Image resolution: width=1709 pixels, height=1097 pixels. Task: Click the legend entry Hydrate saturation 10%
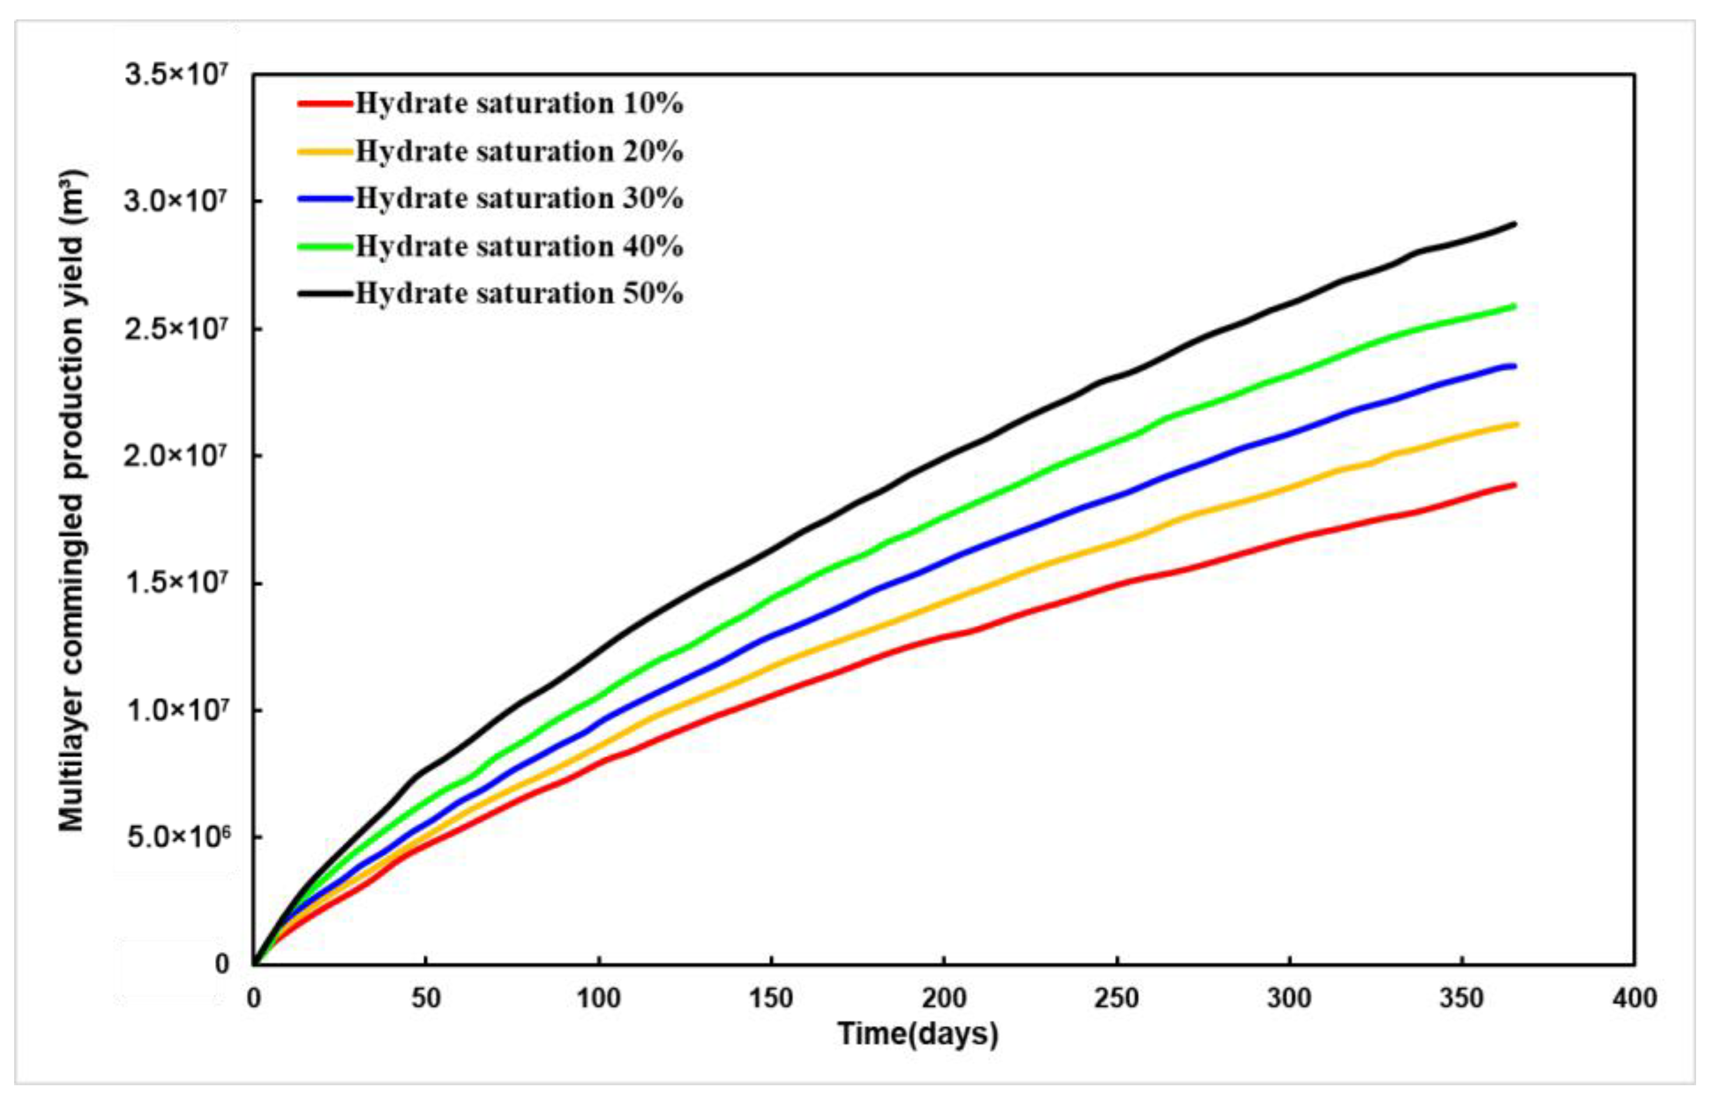click(x=518, y=104)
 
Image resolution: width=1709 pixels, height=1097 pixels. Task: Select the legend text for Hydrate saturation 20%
click(x=518, y=151)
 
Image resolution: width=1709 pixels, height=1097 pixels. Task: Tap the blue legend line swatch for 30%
click(x=325, y=199)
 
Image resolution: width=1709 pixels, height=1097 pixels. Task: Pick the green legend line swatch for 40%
click(x=325, y=246)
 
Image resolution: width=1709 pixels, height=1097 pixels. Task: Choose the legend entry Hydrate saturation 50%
click(x=518, y=293)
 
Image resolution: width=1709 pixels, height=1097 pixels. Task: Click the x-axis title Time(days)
click(x=917, y=1034)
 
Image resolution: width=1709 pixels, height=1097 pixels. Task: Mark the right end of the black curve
click(x=1514, y=224)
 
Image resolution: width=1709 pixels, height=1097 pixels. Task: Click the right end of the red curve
click(x=1514, y=485)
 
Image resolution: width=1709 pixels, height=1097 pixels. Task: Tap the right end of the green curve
click(x=1514, y=306)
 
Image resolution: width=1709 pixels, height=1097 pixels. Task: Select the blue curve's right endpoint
click(x=1514, y=366)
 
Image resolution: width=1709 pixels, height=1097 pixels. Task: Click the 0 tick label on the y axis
click(x=222, y=965)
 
